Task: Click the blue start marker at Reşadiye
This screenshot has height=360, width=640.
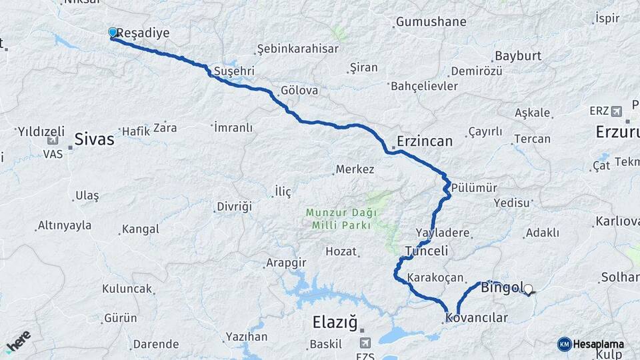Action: pos(113,32)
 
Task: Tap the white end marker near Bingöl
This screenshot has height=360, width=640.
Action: pos(529,289)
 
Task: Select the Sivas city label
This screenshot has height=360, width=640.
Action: pos(94,140)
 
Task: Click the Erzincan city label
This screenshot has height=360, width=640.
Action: pos(425,141)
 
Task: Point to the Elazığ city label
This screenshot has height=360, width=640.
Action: pos(335,323)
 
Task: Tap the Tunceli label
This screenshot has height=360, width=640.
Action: pos(427,251)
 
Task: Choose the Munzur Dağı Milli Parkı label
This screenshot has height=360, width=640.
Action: pos(341,219)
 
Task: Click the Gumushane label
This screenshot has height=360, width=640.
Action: pos(431,22)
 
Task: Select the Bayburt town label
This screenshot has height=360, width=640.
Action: pos(517,57)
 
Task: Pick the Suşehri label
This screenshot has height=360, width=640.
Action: pos(234,71)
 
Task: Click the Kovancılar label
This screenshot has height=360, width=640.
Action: pos(477,318)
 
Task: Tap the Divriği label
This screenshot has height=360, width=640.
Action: pos(234,207)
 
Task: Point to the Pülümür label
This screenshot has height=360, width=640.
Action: pos(474,188)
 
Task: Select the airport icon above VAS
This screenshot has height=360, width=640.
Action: pos(53,141)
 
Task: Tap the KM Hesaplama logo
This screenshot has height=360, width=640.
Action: pos(592,344)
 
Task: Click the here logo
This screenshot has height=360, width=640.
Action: pos(17,341)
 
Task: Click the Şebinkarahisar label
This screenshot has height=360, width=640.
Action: pos(297,49)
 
